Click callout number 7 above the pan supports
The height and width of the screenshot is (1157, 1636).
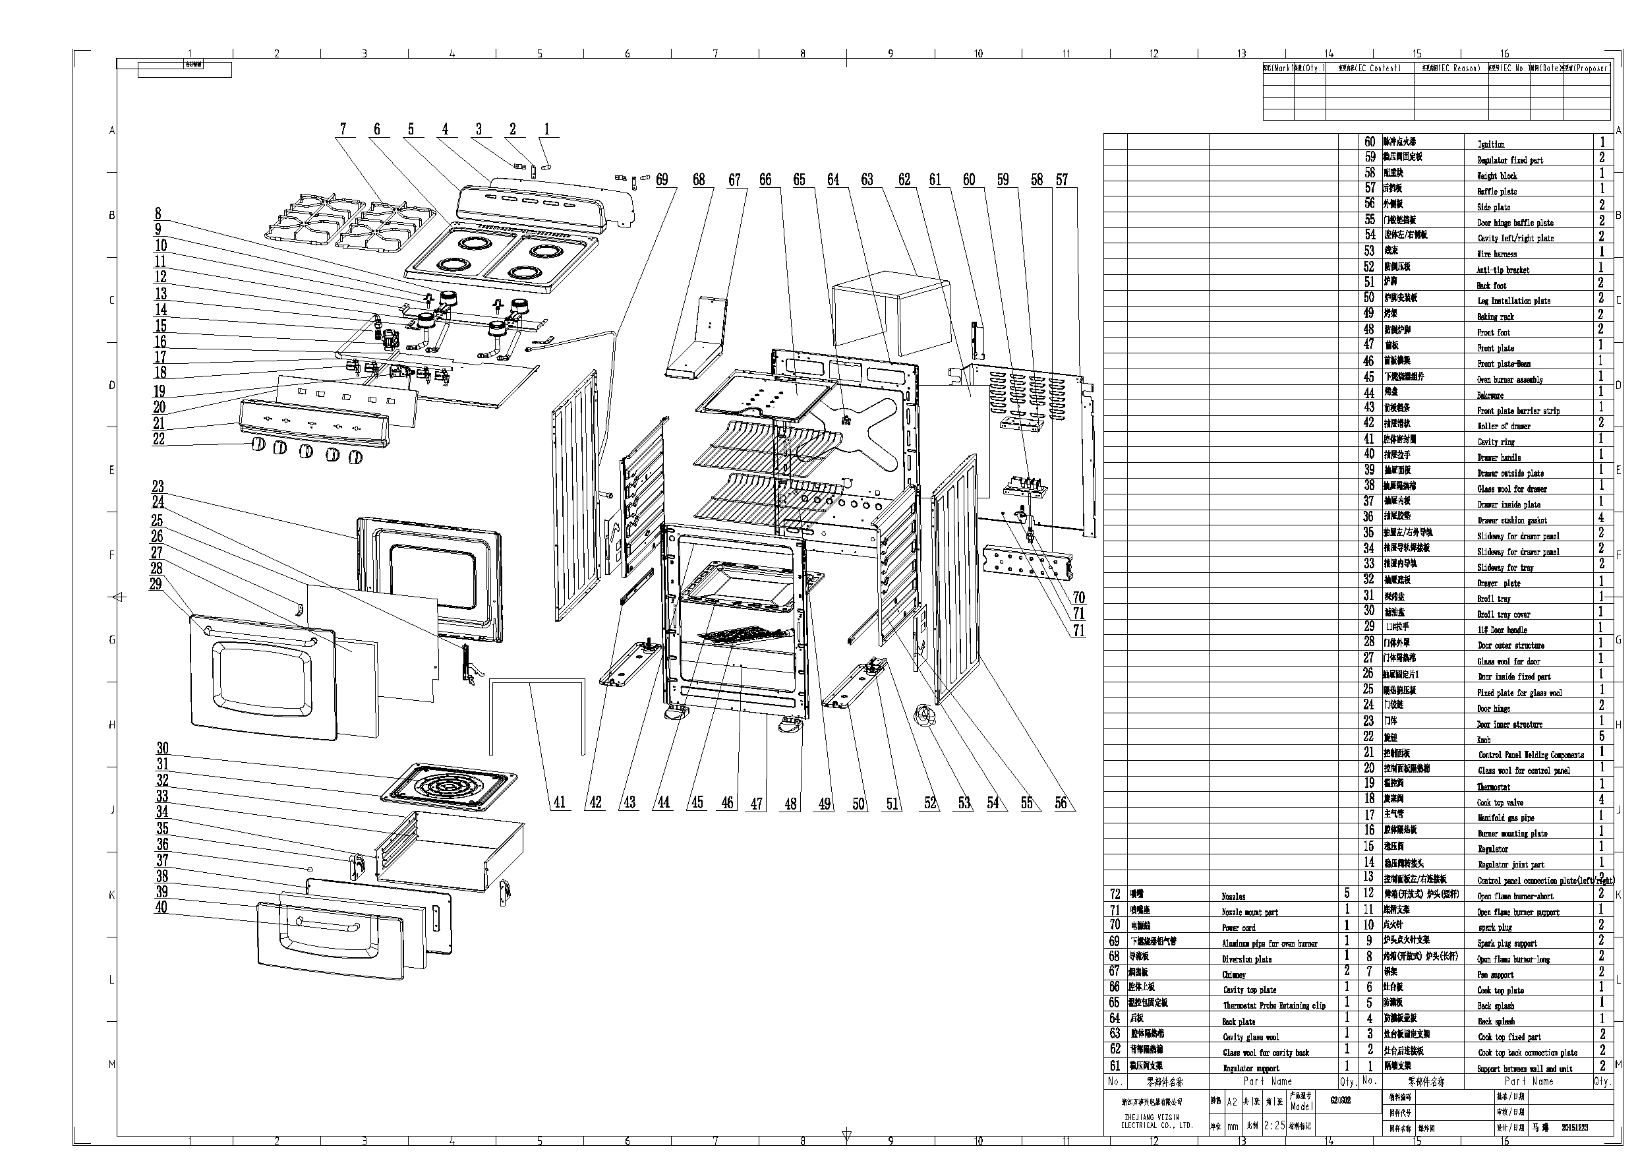coord(343,129)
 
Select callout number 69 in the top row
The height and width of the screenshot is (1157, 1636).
coord(662,179)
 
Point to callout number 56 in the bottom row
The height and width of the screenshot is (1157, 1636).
coord(1061,803)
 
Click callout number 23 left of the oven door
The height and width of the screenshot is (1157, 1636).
coord(158,486)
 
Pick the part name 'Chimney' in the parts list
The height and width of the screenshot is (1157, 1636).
coord(1234,974)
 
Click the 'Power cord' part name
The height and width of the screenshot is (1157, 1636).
coord(1239,928)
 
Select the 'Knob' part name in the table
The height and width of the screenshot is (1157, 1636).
coord(1484,740)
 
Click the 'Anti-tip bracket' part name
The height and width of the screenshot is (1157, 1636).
coord(1503,270)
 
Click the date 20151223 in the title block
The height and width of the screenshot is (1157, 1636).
coord(1575,1128)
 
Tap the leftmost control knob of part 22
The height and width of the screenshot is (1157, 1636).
coord(258,445)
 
